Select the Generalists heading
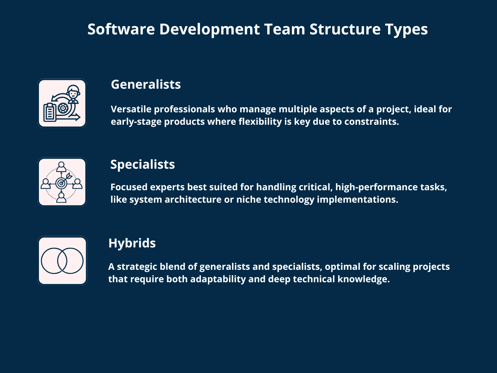coord(146,84)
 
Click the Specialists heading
coord(142,165)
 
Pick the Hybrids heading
coord(132,243)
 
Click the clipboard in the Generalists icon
coord(50,111)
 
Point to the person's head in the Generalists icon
coord(73,92)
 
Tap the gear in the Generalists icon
coord(63,108)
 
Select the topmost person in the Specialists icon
coord(62,167)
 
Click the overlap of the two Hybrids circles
coord(62,261)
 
